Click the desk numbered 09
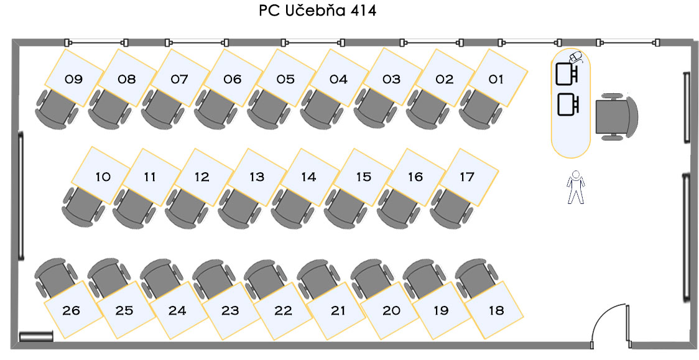[x=74, y=78]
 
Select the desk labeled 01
[x=496, y=78]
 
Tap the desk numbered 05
[x=285, y=78]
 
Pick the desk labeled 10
[x=103, y=177]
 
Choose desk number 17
[x=466, y=177]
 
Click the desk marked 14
[x=308, y=177]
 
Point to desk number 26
[x=72, y=310]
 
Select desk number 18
[x=496, y=310]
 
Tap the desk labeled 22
[x=284, y=310]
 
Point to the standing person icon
[x=576, y=187]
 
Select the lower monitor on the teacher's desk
[x=567, y=104]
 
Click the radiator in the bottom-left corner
[x=36, y=336]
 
